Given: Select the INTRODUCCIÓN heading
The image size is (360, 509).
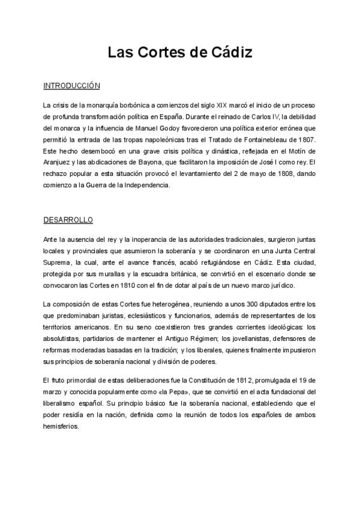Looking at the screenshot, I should [x=71, y=86].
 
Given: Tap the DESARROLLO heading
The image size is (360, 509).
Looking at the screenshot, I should [x=68, y=219].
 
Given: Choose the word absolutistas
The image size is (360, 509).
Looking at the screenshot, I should [x=65, y=339].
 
